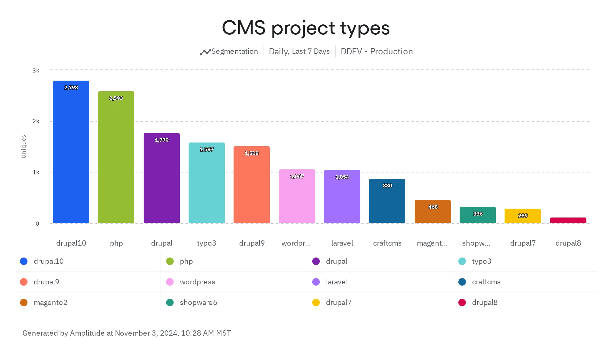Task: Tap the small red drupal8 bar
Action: [568, 220]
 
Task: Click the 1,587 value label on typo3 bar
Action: [207, 150]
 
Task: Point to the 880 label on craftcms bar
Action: [387, 186]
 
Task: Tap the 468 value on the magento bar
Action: [433, 207]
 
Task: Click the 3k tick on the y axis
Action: [36, 71]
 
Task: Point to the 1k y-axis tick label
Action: [36, 172]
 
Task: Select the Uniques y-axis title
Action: [24, 147]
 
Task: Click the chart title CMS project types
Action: [306, 28]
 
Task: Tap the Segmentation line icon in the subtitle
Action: [205, 52]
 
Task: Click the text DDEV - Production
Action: [377, 52]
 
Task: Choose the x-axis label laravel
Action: [342, 243]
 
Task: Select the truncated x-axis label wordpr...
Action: [296, 243]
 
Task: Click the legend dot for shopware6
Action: [170, 302]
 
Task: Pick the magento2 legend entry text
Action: [51, 302]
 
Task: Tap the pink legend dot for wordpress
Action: [170, 282]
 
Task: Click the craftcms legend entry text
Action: [486, 282]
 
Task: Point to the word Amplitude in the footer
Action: [87, 333]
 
